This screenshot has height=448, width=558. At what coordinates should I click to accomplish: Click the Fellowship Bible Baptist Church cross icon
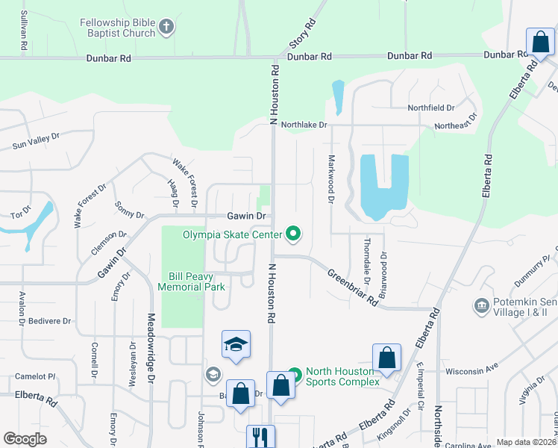166,28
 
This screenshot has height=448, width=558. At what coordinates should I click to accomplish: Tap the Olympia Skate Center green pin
293,234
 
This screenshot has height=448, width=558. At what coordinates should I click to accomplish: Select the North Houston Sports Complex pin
295,373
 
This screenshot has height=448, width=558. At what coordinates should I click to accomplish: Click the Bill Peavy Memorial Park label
192,281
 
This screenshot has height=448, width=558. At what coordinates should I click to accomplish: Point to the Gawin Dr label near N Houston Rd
246,216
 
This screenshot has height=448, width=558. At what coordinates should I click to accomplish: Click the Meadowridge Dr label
150,347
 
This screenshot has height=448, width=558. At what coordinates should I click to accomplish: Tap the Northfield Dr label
430,108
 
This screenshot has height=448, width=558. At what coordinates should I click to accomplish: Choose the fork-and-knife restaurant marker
260,436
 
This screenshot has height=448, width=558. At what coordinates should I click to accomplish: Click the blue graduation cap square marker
236,344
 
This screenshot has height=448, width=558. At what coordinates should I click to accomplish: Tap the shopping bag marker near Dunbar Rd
539,43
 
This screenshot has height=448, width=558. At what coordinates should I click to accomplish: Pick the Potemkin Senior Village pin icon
481,306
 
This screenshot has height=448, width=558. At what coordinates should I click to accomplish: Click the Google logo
25,439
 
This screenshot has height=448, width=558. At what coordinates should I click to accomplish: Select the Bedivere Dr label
51,321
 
